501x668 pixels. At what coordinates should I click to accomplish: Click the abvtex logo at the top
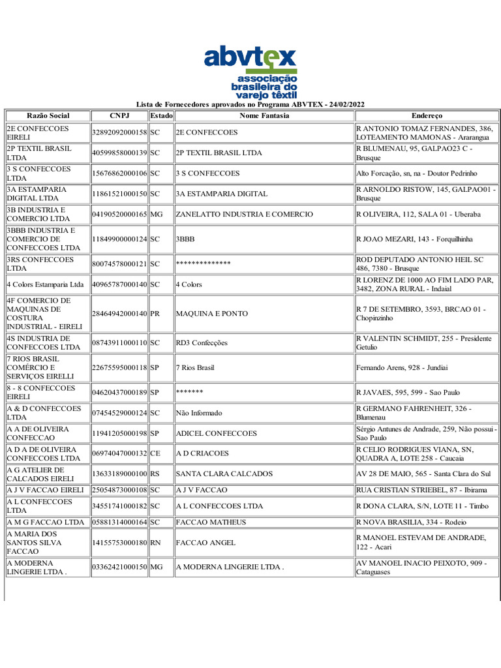pos(250,71)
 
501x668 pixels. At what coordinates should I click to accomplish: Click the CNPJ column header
pos(119,115)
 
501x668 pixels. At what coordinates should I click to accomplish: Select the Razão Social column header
pos(48,115)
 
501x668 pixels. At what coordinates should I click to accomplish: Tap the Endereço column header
pos(427,115)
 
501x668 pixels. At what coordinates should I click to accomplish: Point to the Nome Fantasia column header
pos(264,115)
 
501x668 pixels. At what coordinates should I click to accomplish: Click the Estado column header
pos(161,115)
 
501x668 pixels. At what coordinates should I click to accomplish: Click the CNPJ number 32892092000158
pos(119,132)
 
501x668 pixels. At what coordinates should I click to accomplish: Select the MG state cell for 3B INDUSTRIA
pos(157,214)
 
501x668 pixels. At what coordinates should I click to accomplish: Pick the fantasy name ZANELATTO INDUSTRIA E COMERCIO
pos(245,214)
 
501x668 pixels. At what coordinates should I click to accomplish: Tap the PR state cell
pos(155,314)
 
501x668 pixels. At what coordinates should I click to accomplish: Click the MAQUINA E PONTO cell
pos(212,314)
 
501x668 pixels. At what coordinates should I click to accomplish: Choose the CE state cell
pos(155,453)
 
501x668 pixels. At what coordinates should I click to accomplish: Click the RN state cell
pos(156,543)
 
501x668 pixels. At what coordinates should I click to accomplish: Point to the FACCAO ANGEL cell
pos(205,543)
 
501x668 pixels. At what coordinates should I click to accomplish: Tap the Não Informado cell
pos(199,413)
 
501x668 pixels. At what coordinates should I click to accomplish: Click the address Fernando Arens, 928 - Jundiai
pos(402,368)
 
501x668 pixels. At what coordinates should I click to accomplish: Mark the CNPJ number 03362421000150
pos(119,568)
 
